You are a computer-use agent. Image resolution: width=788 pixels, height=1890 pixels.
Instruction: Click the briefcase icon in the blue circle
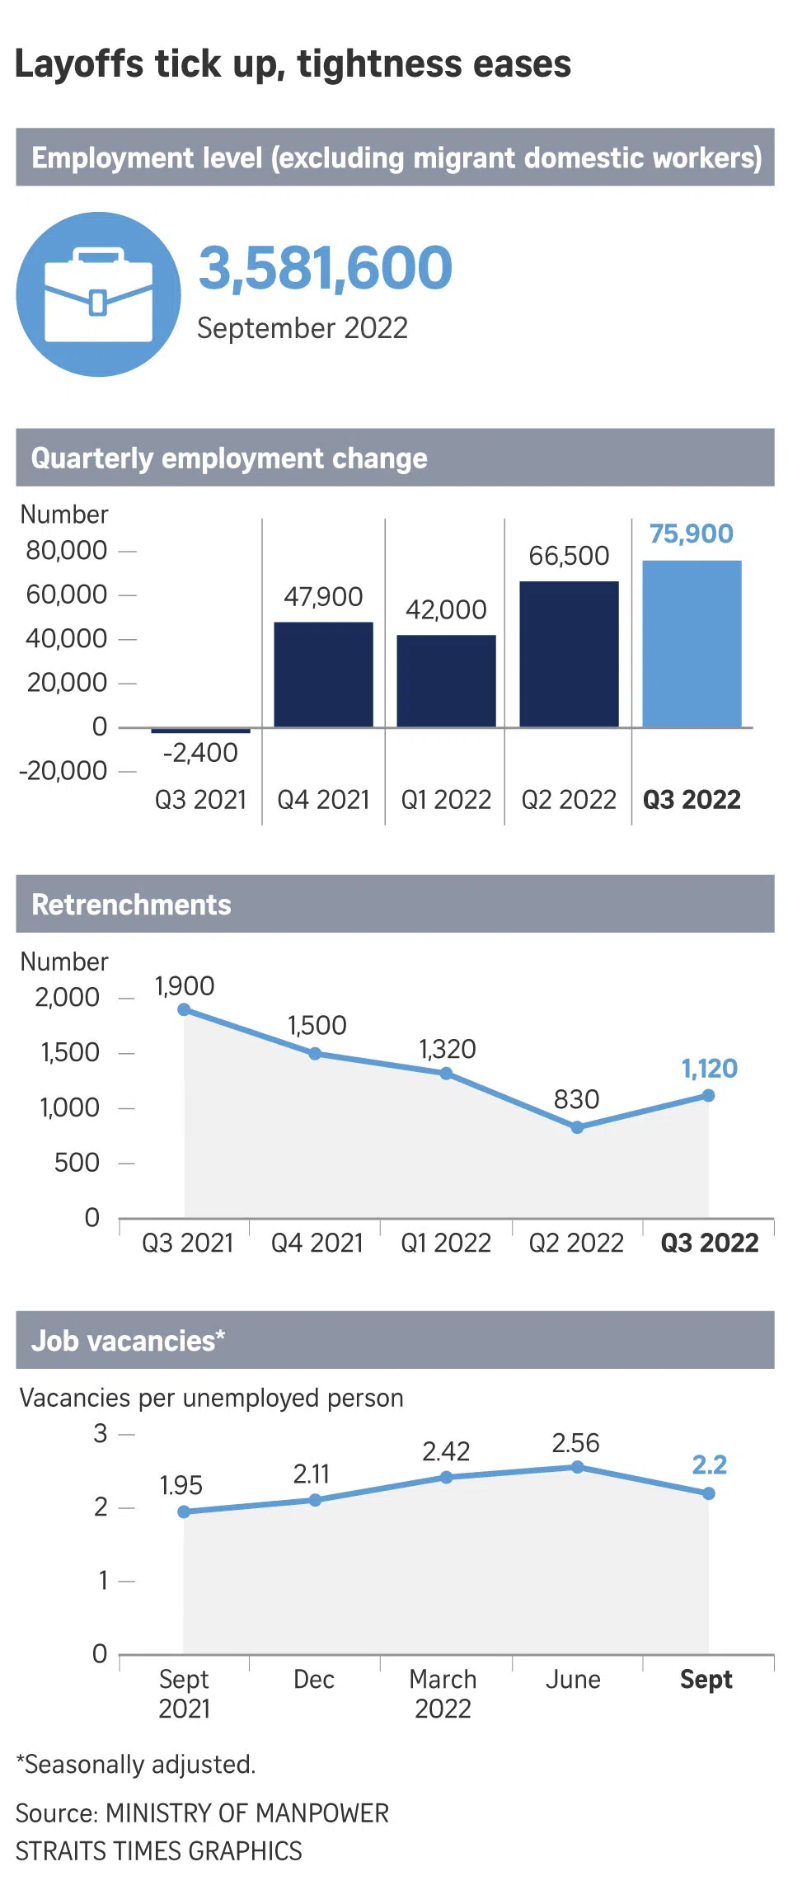pos(98,294)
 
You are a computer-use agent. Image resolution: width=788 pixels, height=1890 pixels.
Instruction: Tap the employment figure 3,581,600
pos(326,268)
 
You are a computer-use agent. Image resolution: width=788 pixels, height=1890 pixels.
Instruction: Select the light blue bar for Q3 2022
pos(692,643)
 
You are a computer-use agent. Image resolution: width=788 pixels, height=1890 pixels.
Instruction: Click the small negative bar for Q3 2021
pos(200,731)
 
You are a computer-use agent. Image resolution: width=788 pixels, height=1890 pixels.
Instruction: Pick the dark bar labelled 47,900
pos(323,674)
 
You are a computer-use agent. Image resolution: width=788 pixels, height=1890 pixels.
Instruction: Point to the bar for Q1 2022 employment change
pos(446,680)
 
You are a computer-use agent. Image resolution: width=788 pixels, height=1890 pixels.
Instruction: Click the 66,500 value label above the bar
pos(569,556)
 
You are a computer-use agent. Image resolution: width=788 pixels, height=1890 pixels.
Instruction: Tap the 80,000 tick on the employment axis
pos(67,550)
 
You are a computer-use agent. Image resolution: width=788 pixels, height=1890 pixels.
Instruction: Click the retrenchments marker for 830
pos(577,1127)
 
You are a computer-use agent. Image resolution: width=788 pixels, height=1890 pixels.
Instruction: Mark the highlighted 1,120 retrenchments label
pos(709,1069)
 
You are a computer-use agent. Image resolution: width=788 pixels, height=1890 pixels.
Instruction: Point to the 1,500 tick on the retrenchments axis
pos(70,1052)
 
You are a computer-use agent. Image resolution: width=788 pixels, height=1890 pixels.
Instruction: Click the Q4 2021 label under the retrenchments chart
pos(317,1243)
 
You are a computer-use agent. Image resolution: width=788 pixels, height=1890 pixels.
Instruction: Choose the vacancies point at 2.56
pos(577,1467)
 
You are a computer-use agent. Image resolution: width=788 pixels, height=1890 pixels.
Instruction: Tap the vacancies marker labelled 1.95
pos(184,1512)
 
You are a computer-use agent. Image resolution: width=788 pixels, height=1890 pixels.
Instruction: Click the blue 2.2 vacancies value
pos(709,1465)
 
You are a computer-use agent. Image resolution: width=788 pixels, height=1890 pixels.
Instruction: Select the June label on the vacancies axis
pos(573,1680)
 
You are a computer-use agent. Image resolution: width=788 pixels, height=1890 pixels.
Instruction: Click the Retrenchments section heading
pos(131,905)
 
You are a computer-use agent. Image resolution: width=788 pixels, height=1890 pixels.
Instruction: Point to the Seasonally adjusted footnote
pos(136,1764)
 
